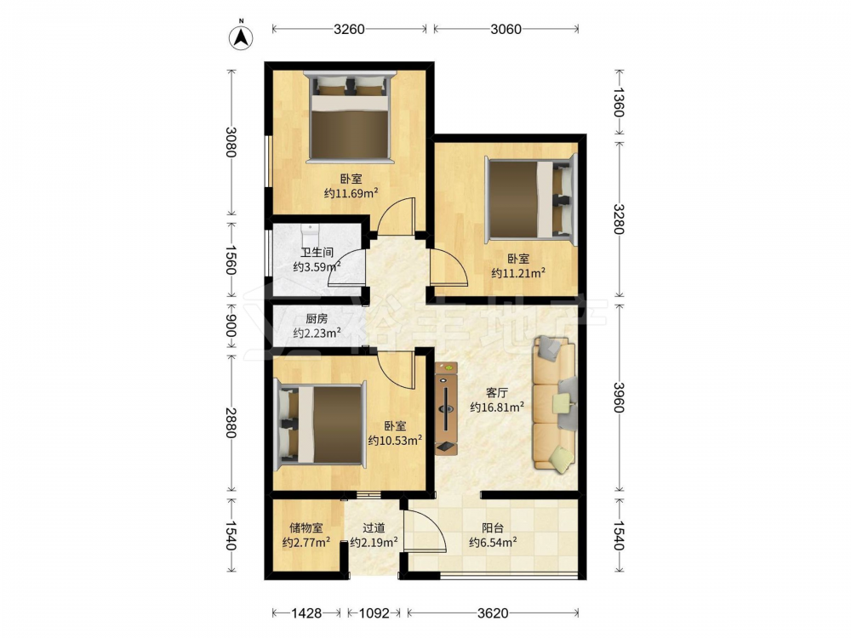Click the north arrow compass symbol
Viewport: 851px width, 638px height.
click(x=242, y=37)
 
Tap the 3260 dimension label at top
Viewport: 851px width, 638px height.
click(x=349, y=29)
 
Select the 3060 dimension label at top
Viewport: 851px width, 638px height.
click(x=505, y=29)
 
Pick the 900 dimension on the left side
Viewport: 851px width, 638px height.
click(x=231, y=326)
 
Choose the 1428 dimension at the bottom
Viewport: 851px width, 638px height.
click(x=306, y=613)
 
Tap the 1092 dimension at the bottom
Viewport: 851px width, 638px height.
click(x=374, y=613)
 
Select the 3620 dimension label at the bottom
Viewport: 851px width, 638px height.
click(x=493, y=613)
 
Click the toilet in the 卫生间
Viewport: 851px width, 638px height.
click(x=310, y=236)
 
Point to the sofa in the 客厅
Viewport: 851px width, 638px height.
click(x=555, y=403)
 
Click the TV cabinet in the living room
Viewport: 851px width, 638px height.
click(x=447, y=409)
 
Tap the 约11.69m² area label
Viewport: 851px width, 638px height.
click(x=351, y=192)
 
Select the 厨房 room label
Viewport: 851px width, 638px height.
click(x=317, y=319)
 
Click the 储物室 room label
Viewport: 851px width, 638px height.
click(x=306, y=527)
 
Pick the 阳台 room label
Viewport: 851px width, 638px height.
click(x=493, y=527)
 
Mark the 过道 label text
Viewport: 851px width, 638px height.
click(x=374, y=527)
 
